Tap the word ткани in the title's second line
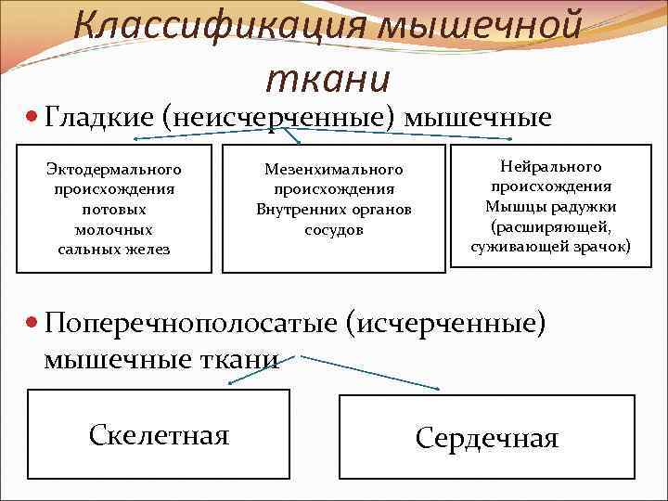(328, 79)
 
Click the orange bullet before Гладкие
(32, 119)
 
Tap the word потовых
(113, 209)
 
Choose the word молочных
(113, 229)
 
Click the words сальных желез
(113, 249)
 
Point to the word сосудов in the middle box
(333, 229)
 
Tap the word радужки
(587, 206)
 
